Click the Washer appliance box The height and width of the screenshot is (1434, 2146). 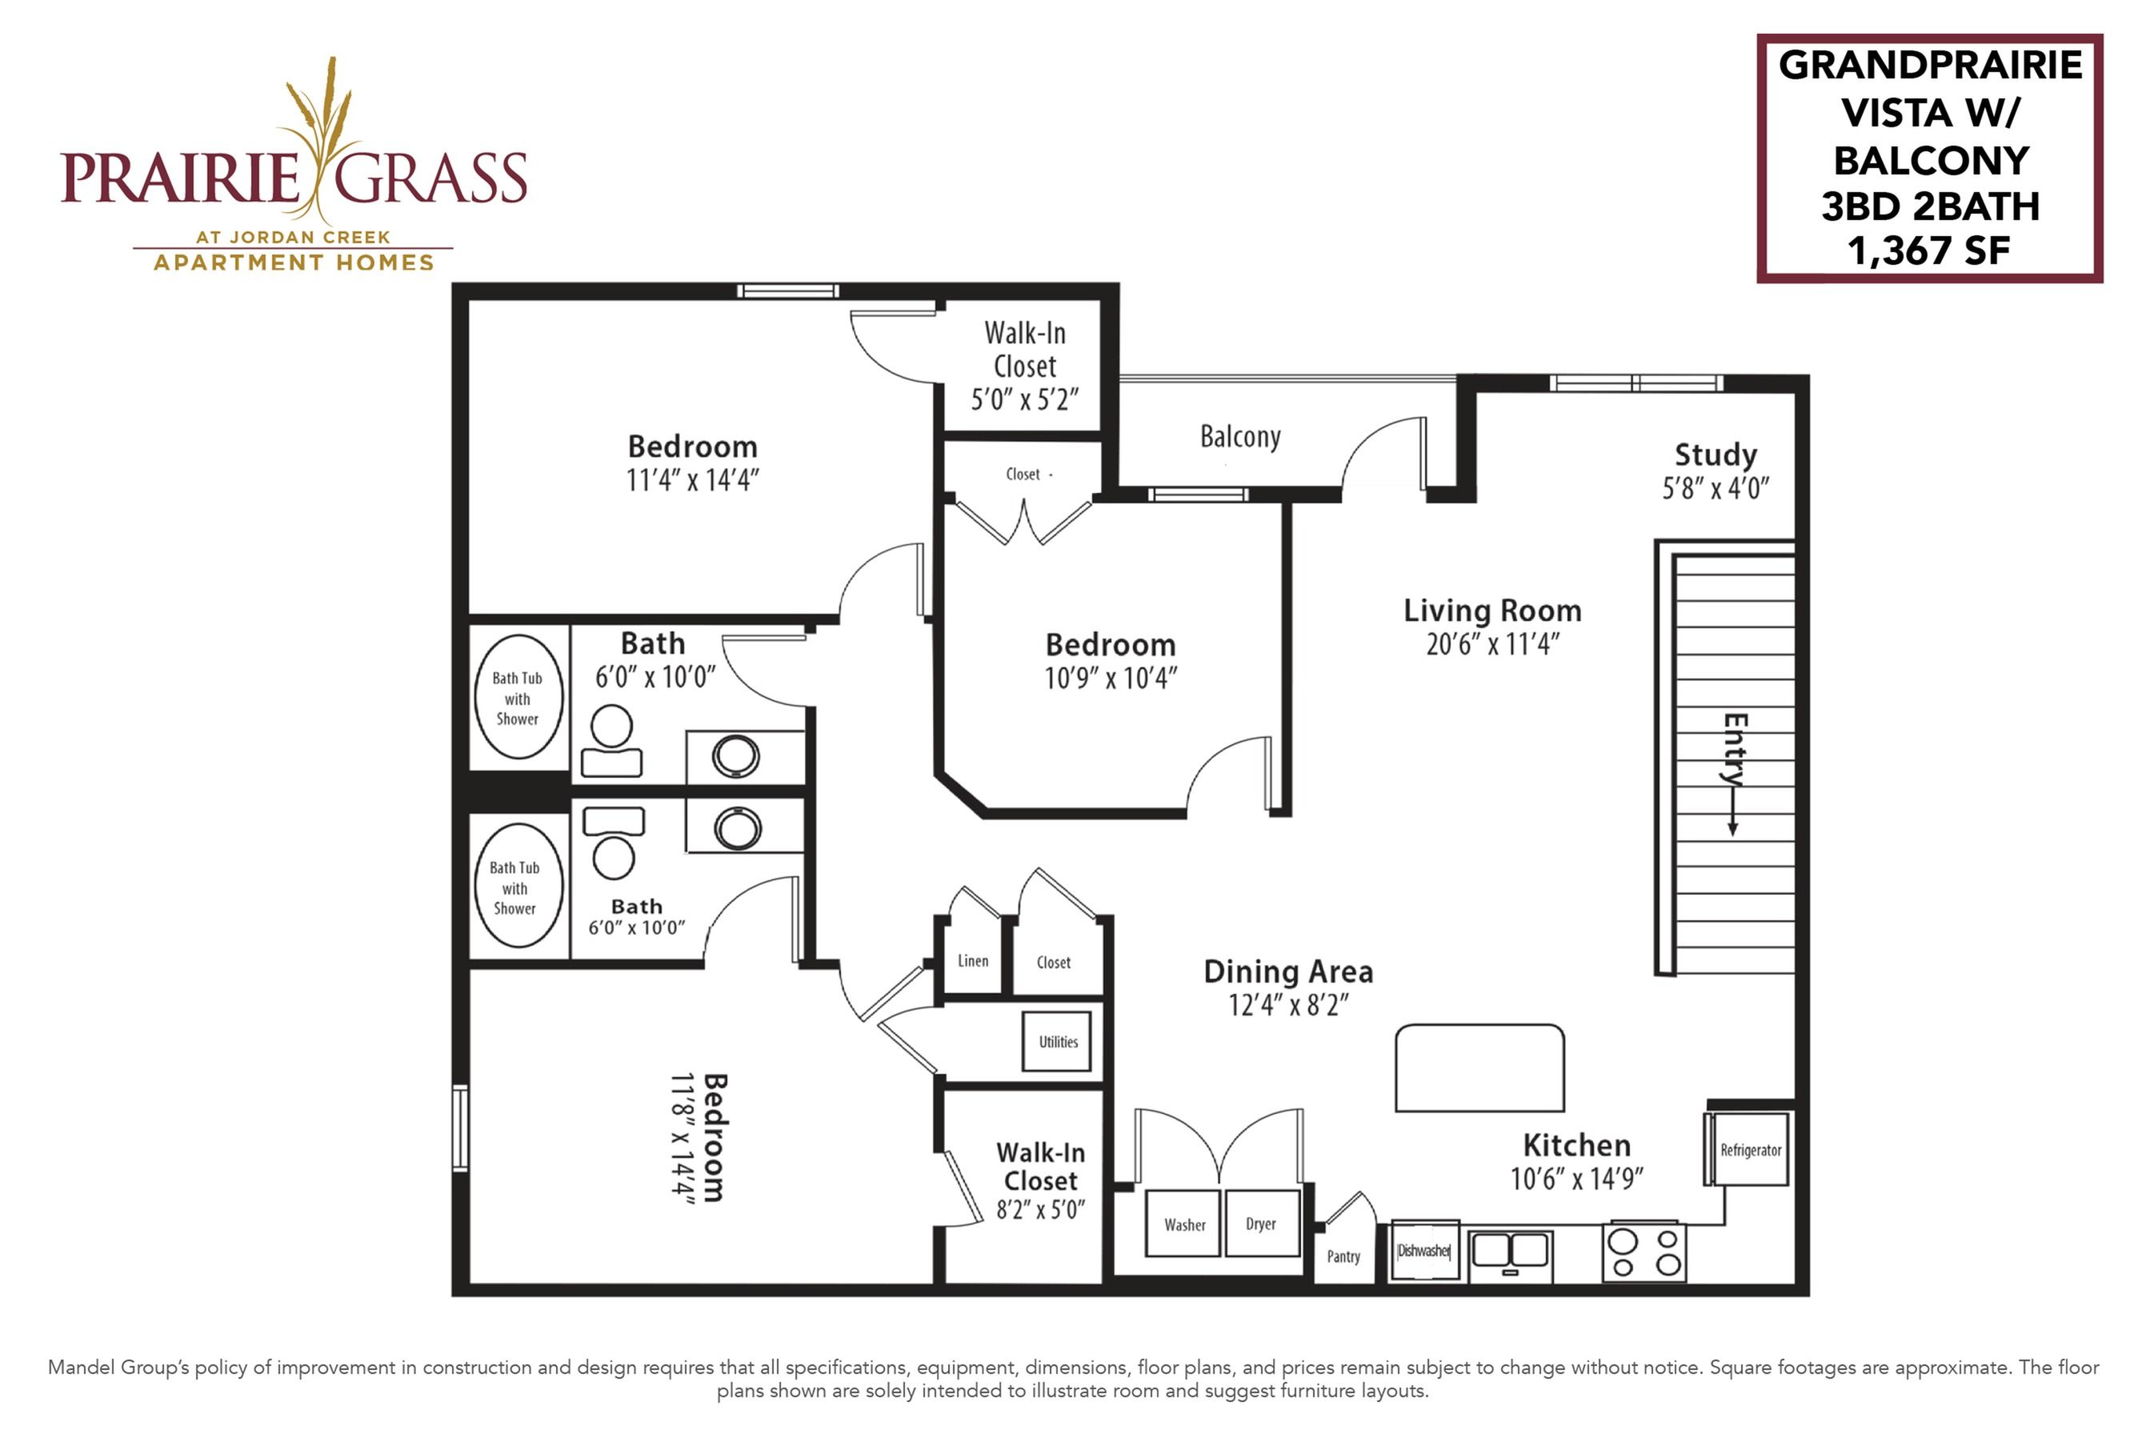1183,1224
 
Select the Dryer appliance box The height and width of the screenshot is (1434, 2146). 1262,1223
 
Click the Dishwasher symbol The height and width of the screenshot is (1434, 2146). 1424,1250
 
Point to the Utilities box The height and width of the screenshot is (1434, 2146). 1058,1042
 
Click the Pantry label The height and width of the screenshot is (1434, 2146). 1343,1256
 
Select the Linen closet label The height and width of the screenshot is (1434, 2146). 973,960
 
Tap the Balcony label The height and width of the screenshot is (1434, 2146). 1240,437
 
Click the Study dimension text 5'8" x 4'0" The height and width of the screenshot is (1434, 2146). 1716,488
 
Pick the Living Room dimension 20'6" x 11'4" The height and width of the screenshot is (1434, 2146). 1492,644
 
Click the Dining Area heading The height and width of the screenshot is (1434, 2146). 1287,971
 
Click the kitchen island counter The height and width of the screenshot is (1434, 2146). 1479,1067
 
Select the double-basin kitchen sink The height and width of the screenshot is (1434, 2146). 1511,1253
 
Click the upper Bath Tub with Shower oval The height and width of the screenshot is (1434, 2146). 518,697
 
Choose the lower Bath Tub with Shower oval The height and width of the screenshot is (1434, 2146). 518,885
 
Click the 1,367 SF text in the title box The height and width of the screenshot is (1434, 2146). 1928,250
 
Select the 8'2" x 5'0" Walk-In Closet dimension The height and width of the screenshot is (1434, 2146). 1040,1209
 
